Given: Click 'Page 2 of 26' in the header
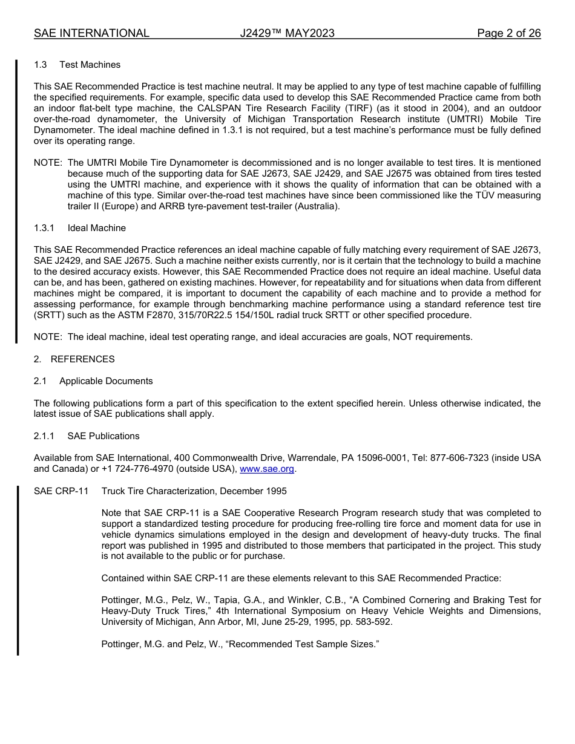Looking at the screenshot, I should [508, 33].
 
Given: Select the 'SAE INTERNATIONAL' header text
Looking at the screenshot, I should [91, 33].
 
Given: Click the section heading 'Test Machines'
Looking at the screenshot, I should [90, 65].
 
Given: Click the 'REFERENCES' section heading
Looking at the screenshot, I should [82, 359].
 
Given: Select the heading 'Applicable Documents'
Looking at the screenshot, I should [106, 381].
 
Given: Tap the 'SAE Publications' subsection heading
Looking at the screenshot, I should [103, 436].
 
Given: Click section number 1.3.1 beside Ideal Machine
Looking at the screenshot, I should [44, 228].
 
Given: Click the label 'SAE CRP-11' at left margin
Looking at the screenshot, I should [61, 491].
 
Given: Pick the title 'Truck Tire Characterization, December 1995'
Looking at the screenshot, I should [194, 491].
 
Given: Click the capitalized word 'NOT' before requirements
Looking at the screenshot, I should [404, 337].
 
